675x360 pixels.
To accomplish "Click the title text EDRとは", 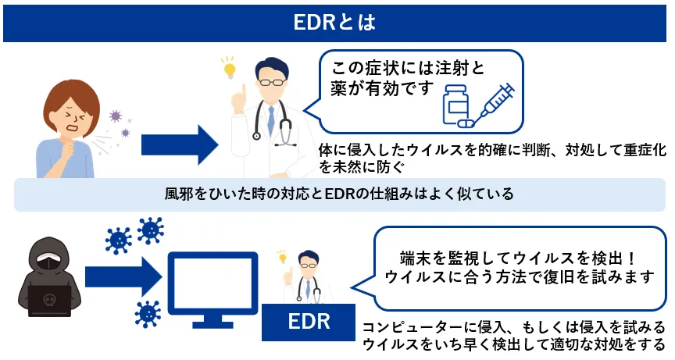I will point(337,22).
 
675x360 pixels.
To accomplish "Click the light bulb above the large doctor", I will point(230,68).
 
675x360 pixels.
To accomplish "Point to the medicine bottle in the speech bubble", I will point(456,105).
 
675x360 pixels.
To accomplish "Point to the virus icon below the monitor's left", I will point(147,313).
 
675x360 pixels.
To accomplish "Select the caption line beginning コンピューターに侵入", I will point(513,327).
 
